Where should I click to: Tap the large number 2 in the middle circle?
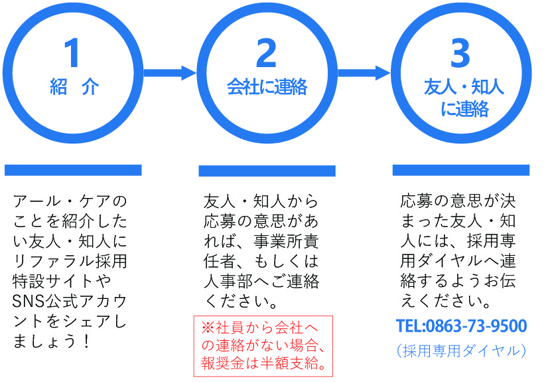pos(266,53)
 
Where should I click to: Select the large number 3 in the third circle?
pos(460,53)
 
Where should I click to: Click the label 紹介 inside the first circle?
pos(74,87)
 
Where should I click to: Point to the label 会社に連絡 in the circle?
pos(267,87)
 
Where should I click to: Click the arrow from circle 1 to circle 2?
pos(169,72)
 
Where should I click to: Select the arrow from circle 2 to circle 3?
pos(364,72)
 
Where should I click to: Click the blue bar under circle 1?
pos(73,170)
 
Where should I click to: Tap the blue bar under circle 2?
pos(267,171)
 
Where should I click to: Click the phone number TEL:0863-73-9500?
pos(461,326)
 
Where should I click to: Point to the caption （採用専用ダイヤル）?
pos(461,350)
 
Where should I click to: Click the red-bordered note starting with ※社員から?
pos(263,346)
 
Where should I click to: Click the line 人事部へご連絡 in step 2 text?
pos(261,281)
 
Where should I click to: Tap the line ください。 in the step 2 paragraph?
pos(242,301)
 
